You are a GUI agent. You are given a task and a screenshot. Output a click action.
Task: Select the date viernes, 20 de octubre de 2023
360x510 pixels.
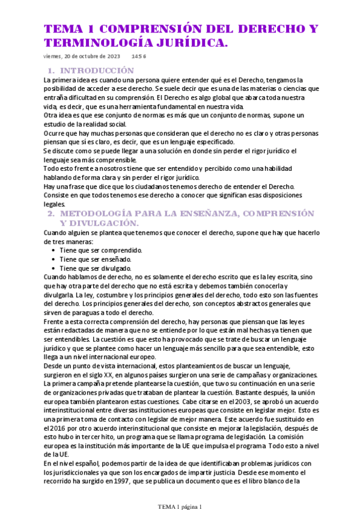[x=82, y=57]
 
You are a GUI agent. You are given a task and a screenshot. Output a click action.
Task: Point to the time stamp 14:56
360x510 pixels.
[x=139, y=57]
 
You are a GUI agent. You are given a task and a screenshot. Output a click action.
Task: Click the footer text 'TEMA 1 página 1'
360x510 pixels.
[x=180, y=506]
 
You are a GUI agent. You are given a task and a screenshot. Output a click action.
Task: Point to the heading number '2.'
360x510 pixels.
[x=52, y=214]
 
